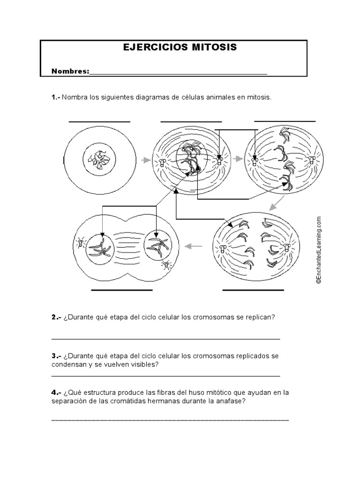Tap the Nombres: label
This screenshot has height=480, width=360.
(70, 71)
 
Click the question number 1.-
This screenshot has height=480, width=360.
(56, 97)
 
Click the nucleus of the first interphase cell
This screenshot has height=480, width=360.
(99, 160)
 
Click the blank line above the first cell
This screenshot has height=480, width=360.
(99, 121)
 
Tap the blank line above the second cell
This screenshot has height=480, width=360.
(191, 121)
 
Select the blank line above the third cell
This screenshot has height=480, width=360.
(285, 121)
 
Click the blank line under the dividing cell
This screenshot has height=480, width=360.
(122, 291)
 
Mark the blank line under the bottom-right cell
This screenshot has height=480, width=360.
(253, 291)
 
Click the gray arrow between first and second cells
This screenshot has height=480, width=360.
(146, 160)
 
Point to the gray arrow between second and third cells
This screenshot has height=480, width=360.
(239, 160)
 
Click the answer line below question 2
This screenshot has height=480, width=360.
(165, 338)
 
